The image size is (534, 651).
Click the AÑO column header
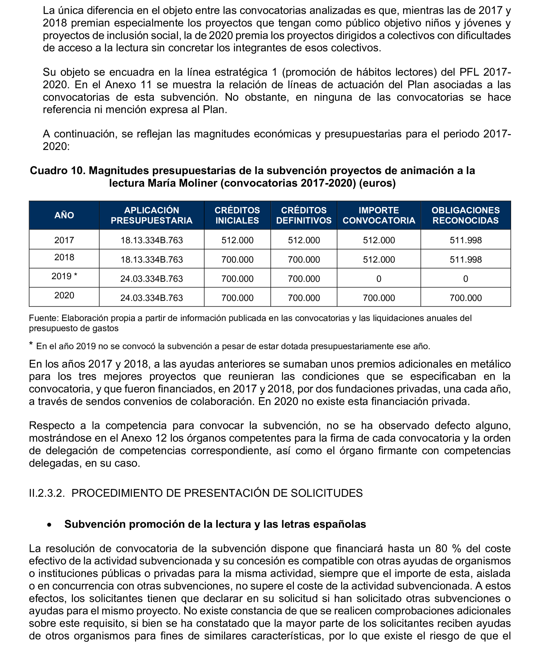point(64,215)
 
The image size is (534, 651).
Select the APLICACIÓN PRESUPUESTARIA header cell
point(151,215)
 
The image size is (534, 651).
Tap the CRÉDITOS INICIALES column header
point(237,215)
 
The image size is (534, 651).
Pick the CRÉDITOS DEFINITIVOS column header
point(304,215)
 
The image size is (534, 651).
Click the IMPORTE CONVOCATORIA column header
point(379,215)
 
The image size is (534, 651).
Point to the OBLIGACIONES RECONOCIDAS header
point(465,215)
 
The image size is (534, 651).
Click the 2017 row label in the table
point(64,240)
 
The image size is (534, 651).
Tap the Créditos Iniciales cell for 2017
point(237,240)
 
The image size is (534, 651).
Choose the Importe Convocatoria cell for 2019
point(379,279)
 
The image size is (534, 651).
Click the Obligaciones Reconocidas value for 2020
point(465,298)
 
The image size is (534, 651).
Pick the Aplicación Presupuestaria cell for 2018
point(151,259)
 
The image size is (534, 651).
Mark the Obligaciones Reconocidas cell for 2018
point(465,259)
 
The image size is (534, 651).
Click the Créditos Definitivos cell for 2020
point(304,298)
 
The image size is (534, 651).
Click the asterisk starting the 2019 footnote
point(31,344)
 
